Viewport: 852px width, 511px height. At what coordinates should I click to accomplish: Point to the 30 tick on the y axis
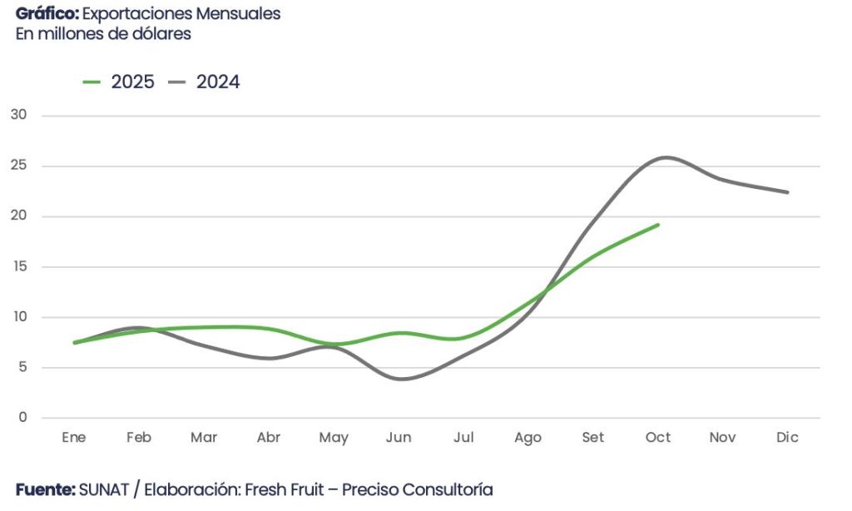(19, 115)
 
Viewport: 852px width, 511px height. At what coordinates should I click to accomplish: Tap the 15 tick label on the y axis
(19, 266)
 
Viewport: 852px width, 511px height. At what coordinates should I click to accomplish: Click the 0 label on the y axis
(22, 418)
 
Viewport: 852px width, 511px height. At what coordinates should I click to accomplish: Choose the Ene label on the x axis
(74, 438)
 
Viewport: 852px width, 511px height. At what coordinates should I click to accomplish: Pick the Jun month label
(399, 438)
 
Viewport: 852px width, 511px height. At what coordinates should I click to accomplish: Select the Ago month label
(528, 438)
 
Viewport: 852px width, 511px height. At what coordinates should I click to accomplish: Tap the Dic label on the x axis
(787, 438)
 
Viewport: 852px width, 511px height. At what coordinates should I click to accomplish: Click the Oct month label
(658, 438)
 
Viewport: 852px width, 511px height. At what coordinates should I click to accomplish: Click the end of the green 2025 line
(658, 224)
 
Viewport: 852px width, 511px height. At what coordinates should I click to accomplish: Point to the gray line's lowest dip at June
(403, 379)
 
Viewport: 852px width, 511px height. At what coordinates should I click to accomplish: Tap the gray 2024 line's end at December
(787, 192)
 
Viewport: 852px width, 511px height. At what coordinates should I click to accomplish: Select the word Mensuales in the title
(240, 14)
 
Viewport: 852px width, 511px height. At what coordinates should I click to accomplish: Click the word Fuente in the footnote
(45, 489)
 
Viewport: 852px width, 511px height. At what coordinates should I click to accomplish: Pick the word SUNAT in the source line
(104, 489)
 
